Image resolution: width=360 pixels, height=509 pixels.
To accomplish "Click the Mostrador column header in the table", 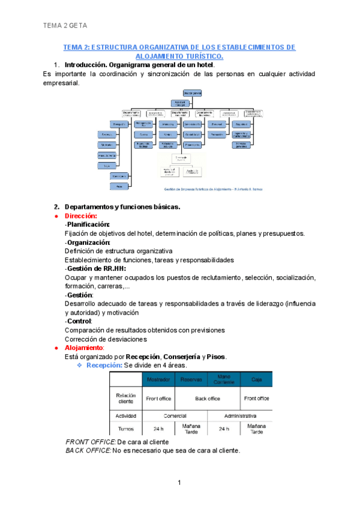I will pyautogui.click(x=158, y=380).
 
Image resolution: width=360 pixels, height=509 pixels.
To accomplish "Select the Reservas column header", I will pyautogui.click(x=191, y=380).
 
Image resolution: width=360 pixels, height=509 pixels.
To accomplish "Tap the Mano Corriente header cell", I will pyautogui.click(x=224, y=380).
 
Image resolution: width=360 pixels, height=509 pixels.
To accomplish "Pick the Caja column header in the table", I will pyautogui.click(x=256, y=380).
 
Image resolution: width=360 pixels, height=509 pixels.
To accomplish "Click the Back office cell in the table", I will pyautogui.click(x=207, y=398).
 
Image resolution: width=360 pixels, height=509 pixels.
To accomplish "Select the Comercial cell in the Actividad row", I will pyautogui.click(x=175, y=415).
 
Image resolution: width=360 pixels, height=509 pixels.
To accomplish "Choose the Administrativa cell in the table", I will pyautogui.click(x=240, y=415).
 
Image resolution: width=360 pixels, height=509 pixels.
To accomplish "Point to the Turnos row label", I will pyautogui.click(x=126, y=429).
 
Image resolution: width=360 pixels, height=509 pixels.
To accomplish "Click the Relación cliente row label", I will pyautogui.click(x=126, y=398).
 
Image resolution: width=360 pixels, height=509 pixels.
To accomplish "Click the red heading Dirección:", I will pyautogui.click(x=80, y=215).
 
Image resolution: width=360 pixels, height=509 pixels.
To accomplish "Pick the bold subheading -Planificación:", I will pyautogui.click(x=87, y=224).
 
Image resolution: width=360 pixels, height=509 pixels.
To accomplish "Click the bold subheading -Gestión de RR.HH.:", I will pyautogui.click(x=95, y=268).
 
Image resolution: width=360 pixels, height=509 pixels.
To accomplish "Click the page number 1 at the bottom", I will pyautogui.click(x=179, y=483).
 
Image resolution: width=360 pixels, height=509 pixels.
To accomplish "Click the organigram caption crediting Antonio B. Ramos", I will pyautogui.click(x=213, y=188).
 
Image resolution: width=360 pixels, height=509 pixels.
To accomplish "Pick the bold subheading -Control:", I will pyautogui.click(x=79, y=321).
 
